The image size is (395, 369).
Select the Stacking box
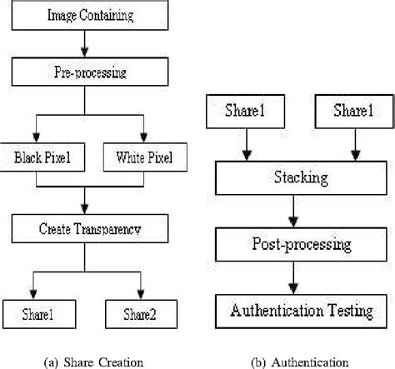pos(299,177)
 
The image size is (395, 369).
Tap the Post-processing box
pos(299,246)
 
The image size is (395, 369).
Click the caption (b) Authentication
pos(298,361)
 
